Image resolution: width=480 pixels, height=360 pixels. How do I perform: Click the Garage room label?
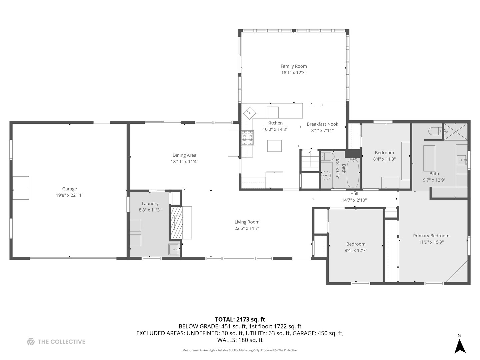(69, 189)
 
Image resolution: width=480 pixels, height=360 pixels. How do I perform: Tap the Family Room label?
(294, 66)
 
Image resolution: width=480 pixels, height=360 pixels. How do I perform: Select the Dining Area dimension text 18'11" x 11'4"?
(184, 162)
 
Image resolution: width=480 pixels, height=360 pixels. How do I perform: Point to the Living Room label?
(247, 222)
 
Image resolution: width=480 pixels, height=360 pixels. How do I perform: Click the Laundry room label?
(150, 204)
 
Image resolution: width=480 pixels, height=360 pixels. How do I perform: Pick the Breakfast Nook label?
(322, 124)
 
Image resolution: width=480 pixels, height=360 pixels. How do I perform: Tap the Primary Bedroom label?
(431, 236)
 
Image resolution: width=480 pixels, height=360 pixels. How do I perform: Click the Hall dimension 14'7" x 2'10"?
(354, 200)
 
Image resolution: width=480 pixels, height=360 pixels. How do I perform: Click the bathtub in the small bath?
(353, 173)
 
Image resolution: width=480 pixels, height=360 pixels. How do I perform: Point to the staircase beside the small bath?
(310, 159)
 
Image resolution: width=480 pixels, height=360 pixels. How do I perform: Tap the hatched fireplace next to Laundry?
(177, 223)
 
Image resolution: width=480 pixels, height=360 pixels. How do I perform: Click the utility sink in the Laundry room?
(174, 249)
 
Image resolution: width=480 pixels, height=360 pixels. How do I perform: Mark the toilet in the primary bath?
(435, 131)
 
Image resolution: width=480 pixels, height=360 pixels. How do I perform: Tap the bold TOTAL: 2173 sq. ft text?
(240, 320)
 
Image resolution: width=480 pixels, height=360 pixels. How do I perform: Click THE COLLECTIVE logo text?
(61, 342)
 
